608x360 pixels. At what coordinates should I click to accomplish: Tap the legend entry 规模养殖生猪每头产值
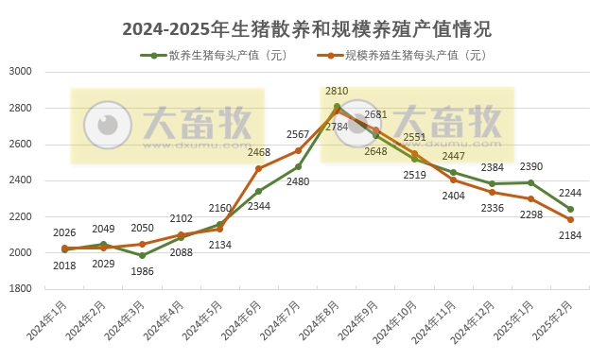(x=409, y=55)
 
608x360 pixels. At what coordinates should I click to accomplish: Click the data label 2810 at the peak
(x=337, y=91)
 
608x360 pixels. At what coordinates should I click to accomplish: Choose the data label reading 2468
(x=259, y=152)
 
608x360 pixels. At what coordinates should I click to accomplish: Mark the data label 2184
(x=571, y=234)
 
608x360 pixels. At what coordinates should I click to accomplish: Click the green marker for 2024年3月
(x=142, y=255)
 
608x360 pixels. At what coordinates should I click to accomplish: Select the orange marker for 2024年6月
(x=259, y=168)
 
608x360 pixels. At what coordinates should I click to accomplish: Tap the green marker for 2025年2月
(x=570, y=209)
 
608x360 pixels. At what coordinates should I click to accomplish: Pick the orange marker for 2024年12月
(x=492, y=192)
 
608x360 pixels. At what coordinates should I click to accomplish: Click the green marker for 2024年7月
(x=298, y=166)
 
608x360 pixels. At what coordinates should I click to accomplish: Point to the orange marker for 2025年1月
(x=530, y=198)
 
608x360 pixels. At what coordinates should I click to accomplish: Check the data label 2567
(x=298, y=134)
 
